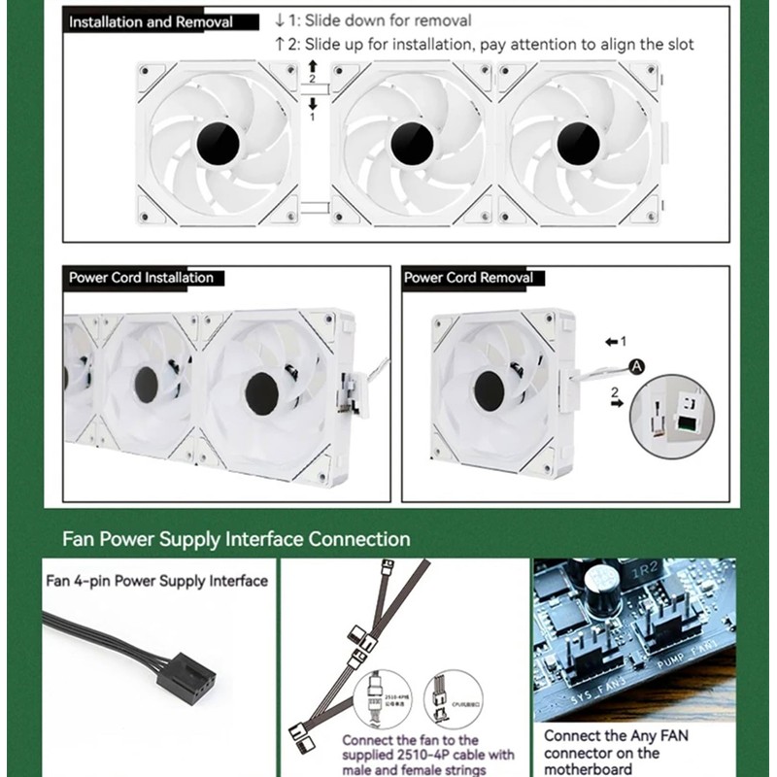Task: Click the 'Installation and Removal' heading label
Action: pos(150,22)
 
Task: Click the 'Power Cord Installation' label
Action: pos(141,278)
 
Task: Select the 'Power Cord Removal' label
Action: pos(468,278)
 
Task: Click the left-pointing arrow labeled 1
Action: pos(611,342)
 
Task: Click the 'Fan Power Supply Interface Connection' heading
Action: pos(236,539)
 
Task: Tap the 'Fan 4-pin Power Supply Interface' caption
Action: pos(157,582)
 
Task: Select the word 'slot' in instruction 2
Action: pos(677,45)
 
